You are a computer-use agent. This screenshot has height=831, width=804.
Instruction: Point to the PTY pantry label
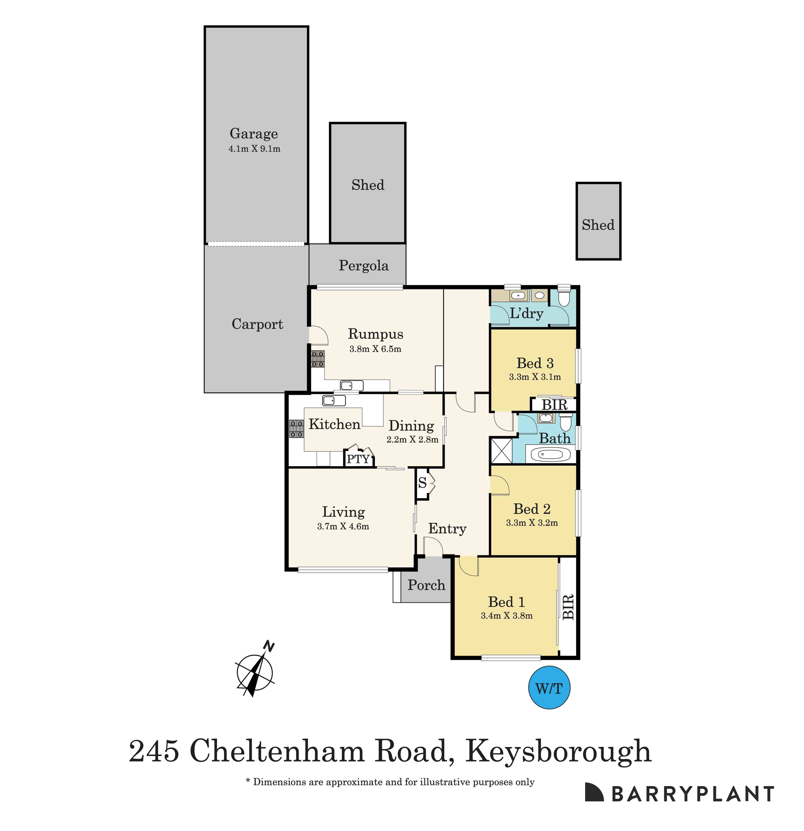pos(358,459)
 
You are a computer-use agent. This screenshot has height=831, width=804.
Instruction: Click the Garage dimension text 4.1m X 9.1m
pos(254,149)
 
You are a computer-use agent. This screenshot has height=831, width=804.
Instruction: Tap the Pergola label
pos(363,266)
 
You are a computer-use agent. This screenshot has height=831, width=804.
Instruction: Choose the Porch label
pos(426,585)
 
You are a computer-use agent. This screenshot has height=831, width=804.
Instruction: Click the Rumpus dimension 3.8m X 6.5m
pos(375,349)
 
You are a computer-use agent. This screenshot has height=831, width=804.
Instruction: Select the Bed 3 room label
pos(535,363)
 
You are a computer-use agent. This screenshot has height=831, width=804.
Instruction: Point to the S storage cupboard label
pos(422,482)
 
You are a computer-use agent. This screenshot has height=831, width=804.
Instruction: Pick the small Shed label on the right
pos(598,225)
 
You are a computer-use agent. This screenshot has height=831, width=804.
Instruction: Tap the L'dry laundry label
pos(526,314)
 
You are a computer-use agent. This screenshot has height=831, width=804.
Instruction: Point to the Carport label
pos(257,324)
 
